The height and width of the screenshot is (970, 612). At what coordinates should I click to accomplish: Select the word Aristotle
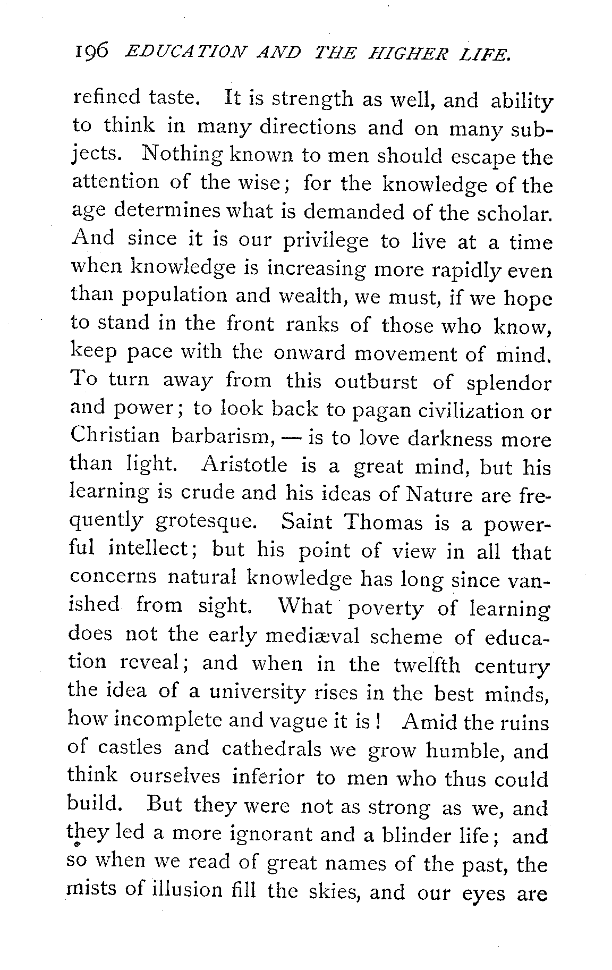[x=244, y=466]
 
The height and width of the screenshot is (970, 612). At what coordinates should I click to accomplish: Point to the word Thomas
[x=383, y=522]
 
